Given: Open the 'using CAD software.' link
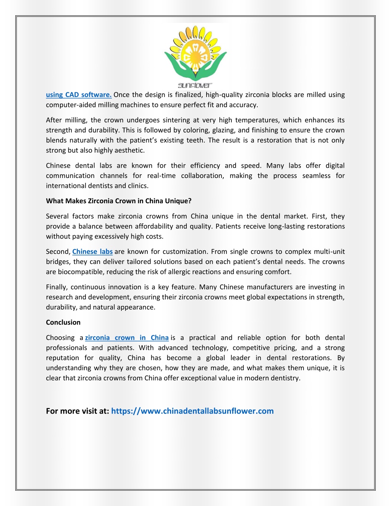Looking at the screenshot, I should pos(79,95).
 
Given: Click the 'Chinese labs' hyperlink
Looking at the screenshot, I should pos(92,252).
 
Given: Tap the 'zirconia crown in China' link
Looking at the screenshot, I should pos(127,338).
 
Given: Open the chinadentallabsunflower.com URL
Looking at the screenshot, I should pos(192,411).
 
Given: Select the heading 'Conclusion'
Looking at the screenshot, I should pos(63,322).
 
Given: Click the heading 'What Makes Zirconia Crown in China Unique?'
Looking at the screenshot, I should pos(119,201).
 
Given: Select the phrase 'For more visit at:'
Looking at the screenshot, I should pos(78,411).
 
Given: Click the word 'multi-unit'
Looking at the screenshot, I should pos(329,252).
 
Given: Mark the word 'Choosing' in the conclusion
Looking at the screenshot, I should pos(60,338).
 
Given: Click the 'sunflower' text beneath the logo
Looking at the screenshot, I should pos(195,86).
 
